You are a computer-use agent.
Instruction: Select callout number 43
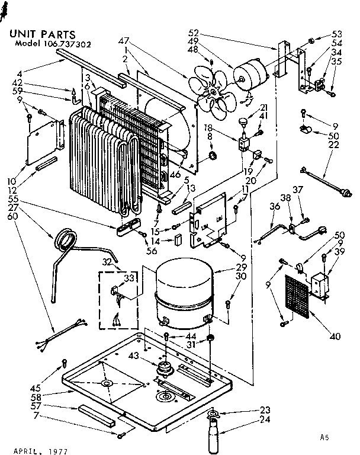coord(133,355)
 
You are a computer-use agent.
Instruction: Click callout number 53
coord(337,34)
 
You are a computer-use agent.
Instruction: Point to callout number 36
coord(274,206)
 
